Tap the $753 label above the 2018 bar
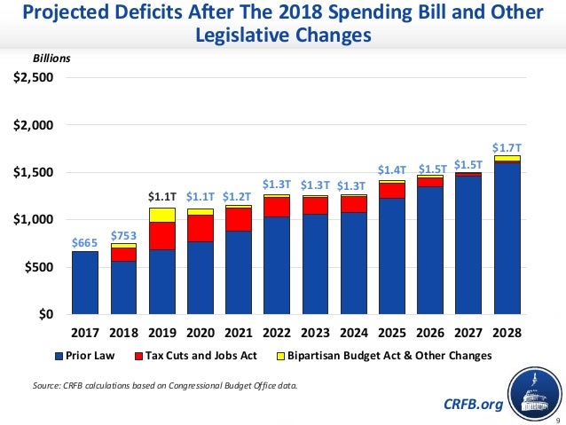[123, 234]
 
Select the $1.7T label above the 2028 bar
[507, 146]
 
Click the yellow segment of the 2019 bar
[161, 215]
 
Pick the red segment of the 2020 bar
[200, 228]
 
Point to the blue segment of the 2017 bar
[85, 282]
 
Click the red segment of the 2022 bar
[277, 206]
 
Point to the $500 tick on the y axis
[39, 267]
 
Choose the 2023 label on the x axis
[315, 334]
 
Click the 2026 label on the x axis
[430, 334]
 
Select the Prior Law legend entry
[88, 356]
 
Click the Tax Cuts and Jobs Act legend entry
[200, 356]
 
